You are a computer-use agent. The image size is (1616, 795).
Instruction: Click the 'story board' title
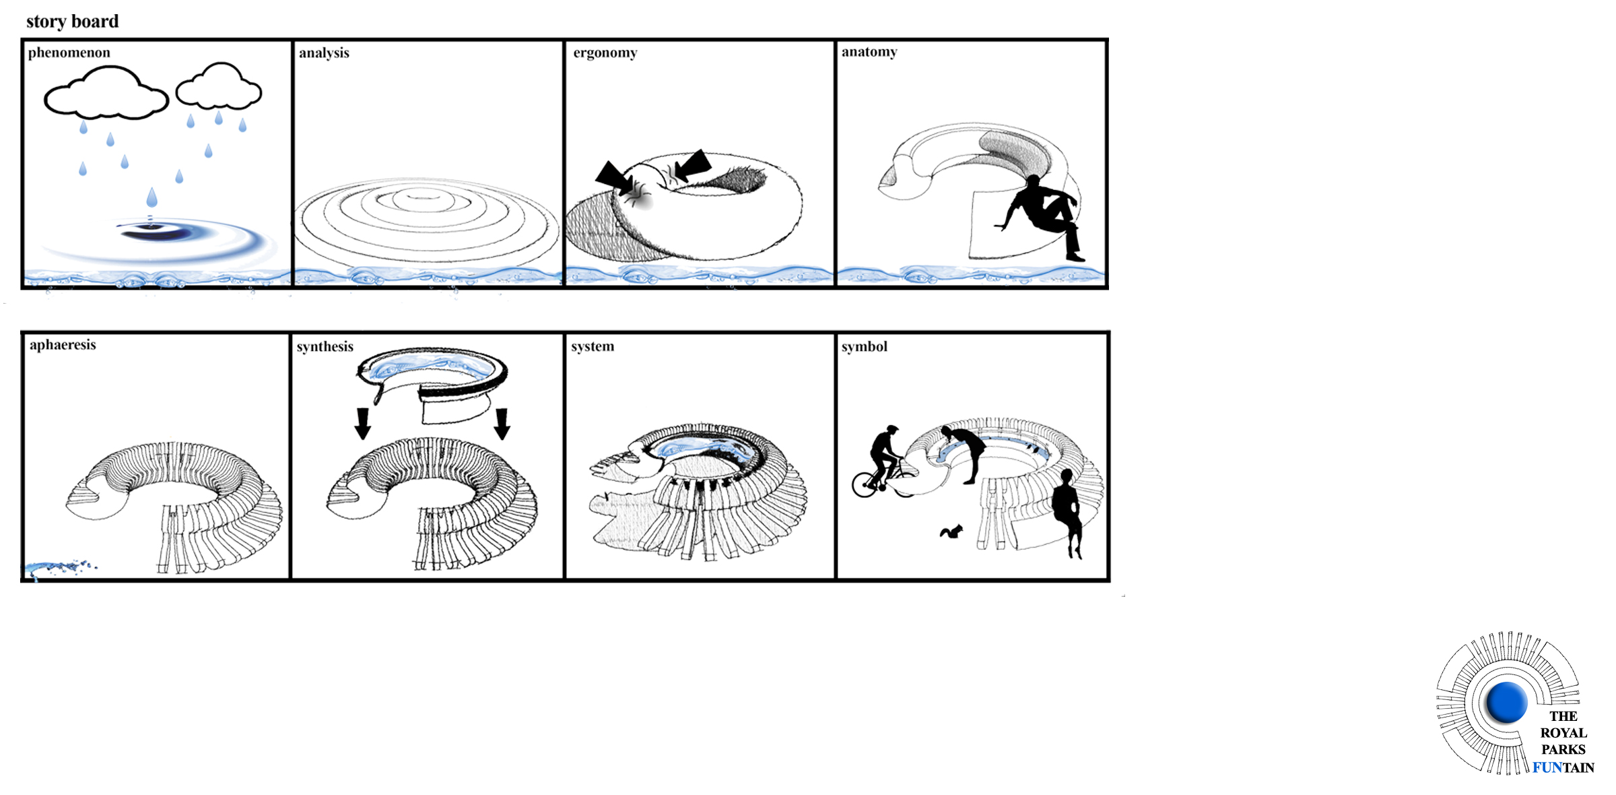(x=72, y=22)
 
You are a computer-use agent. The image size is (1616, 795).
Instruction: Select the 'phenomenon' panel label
(x=69, y=53)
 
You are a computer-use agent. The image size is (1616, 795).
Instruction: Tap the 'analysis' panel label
(x=324, y=53)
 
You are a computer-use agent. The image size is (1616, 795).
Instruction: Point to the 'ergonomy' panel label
(x=605, y=53)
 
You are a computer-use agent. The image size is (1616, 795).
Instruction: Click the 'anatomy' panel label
(x=869, y=53)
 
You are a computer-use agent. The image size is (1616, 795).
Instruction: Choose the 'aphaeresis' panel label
(x=63, y=345)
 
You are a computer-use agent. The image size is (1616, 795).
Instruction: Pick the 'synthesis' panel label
(x=325, y=346)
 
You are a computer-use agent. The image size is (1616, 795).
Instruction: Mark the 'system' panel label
(x=593, y=346)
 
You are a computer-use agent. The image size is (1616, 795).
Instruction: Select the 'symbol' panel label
(x=865, y=346)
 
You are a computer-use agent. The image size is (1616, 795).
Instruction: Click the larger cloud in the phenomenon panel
(x=106, y=94)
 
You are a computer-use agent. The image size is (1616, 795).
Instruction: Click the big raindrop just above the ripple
(x=152, y=197)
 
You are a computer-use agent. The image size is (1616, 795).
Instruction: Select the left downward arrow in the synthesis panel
(x=363, y=423)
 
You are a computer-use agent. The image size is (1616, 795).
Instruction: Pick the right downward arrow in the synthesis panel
(x=502, y=423)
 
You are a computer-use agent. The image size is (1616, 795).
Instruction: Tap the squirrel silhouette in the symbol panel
(x=951, y=532)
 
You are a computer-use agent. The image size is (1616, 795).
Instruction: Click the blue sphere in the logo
(x=1506, y=703)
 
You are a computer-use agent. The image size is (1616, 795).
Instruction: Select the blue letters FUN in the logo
(x=1547, y=768)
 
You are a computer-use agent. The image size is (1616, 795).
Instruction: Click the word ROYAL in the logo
(x=1563, y=733)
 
